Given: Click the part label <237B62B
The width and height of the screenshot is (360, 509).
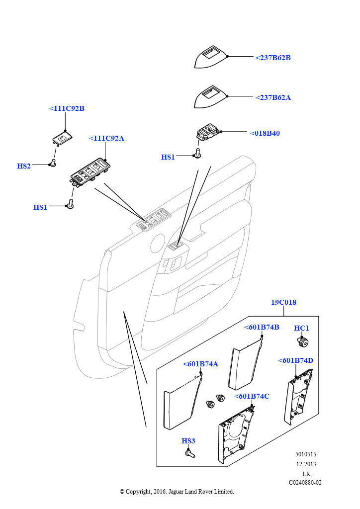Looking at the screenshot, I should (273, 58).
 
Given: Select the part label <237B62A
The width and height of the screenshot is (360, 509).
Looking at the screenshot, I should (273, 97).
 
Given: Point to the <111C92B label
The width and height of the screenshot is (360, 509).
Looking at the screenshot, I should (67, 108).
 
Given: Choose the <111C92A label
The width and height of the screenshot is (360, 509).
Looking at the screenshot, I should (106, 138).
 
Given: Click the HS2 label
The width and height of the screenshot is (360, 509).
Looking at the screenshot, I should (24, 166).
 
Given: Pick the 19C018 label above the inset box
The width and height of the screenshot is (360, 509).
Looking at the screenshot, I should (283, 302).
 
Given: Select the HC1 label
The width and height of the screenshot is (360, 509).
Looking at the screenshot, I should (301, 328).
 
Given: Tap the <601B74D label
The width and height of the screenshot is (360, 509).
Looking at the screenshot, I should (295, 360).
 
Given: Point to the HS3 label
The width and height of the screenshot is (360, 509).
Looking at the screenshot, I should (188, 441).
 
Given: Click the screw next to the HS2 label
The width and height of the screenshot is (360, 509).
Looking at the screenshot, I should (53, 163).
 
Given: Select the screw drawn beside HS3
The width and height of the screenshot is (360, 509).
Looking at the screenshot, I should (189, 453).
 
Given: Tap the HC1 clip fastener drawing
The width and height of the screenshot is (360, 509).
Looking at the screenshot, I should (302, 341).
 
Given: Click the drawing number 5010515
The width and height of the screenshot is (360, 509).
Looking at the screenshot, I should (306, 454).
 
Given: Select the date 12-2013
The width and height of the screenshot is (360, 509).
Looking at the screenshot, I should (306, 464).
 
